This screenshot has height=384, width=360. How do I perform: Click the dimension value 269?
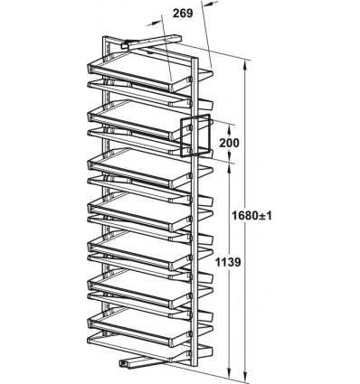pyautogui.click(x=183, y=14)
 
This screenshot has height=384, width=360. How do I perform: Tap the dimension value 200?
pyautogui.click(x=229, y=143)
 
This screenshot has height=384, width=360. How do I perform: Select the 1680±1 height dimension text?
pyautogui.click(x=251, y=216)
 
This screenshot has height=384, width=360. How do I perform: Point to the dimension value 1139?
pyautogui.click(x=228, y=262)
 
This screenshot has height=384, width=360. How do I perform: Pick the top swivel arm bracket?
pyautogui.click(x=152, y=42)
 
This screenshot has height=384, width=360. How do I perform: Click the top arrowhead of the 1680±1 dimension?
pyautogui.click(x=246, y=66)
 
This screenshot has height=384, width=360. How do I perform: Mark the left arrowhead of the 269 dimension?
pyautogui.click(x=156, y=23)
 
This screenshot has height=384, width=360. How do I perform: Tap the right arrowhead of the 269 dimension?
pyautogui.click(x=206, y=5)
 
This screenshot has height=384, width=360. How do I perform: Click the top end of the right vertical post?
pyautogui.click(x=194, y=59)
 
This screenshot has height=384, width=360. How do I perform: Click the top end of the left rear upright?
pyautogui.click(x=106, y=38)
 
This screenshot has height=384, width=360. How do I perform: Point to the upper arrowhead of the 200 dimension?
pyautogui.click(x=230, y=128)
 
